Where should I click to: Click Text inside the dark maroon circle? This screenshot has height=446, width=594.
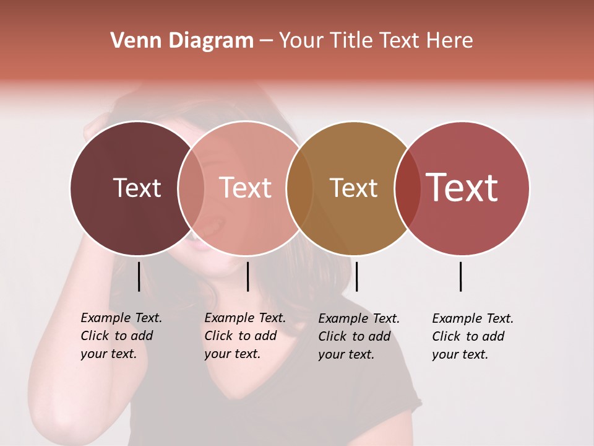[x=137, y=188]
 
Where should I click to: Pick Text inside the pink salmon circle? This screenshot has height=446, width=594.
[x=245, y=188]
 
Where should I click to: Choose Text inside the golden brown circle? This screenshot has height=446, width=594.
[x=353, y=188]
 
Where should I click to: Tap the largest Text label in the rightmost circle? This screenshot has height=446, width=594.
[x=462, y=188]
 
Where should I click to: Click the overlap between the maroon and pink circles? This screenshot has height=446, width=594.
[x=191, y=188]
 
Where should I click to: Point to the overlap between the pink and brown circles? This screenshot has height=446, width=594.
[x=299, y=188]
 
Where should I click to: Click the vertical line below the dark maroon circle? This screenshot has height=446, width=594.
[x=139, y=276]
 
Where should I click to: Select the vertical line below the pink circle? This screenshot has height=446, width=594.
[x=247, y=276]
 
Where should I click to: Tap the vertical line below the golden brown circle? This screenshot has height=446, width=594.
[x=356, y=276]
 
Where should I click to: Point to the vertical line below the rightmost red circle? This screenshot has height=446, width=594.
[x=461, y=276]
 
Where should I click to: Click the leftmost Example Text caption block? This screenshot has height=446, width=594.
[x=121, y=336]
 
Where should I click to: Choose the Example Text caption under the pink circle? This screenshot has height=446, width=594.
[x=244, y=336]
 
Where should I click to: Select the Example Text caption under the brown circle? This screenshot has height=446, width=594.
[x=358, y=336]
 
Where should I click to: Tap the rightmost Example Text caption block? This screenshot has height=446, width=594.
[x=472, y=336]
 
